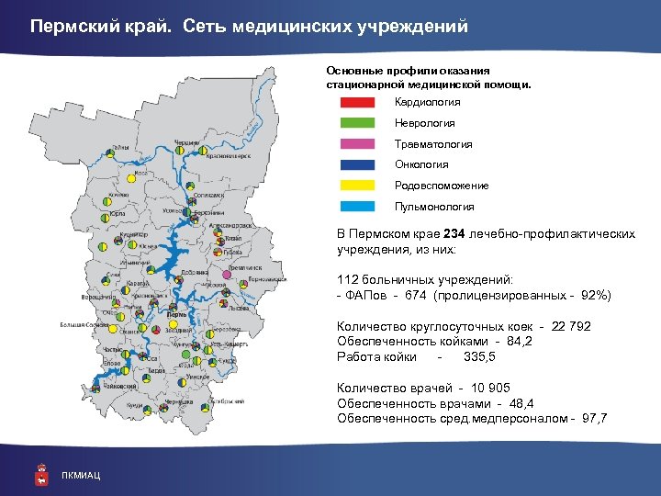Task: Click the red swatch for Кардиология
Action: [357, 103]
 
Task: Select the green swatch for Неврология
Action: [357, 123]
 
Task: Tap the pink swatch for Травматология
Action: [357, 144]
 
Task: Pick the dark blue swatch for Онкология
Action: [357, 165]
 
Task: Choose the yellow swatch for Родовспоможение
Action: [357, 186]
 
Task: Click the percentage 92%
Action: [591, 296]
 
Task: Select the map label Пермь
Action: [177, 314]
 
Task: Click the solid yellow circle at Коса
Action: [131, 180]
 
